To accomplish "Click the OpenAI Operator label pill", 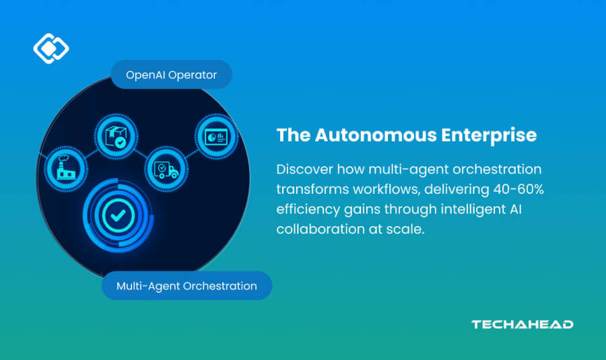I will coord(170,75).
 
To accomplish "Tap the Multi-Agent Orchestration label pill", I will coord(187,286).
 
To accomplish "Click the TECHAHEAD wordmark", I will coord(523,324).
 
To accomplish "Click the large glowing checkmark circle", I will coord(118,216).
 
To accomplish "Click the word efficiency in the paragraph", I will coord(306,209).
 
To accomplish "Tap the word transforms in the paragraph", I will coord(308,190).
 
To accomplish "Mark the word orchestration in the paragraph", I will coord(499,169).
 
